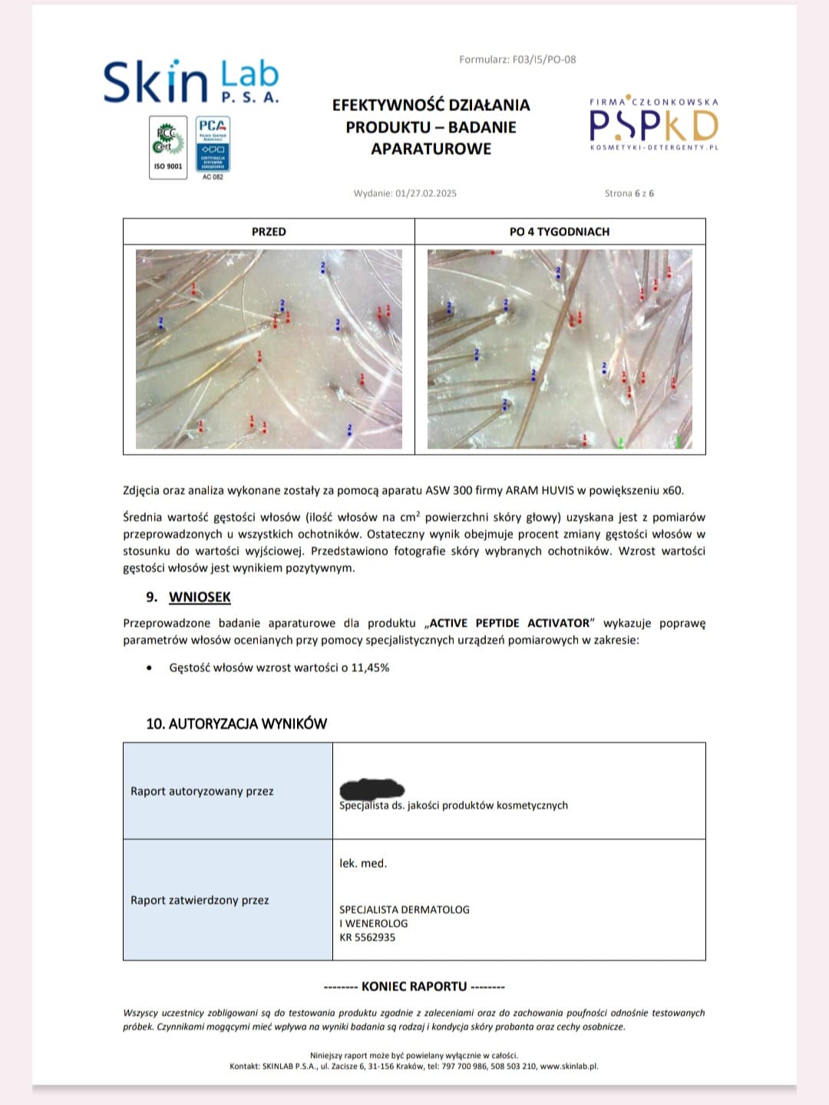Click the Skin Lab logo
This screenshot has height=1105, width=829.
[191, 81]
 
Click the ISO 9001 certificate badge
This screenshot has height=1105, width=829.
[168, 147]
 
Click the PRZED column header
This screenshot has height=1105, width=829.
[269, 232]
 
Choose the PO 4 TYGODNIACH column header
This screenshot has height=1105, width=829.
[560, 232]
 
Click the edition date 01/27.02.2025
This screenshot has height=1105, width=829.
[426, 193]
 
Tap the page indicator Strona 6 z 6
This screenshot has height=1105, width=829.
[629, 193]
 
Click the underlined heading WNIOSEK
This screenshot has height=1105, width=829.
[200, 597]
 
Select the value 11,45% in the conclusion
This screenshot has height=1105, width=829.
[370, 668]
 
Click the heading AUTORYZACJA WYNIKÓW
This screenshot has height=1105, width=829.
[236, 724]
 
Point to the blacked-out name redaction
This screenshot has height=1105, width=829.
[372, 788]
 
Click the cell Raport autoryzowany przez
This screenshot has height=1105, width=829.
[202, 791]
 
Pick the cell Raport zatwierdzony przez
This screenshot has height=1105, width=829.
[200, 900]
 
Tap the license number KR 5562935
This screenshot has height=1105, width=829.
[368, 937]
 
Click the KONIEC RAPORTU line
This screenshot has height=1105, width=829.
[414, 986]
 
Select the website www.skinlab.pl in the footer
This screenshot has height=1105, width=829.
[569, 1066]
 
